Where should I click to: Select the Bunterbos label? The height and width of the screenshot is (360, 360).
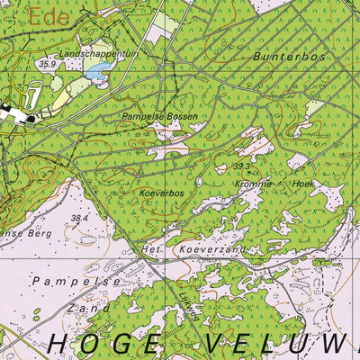pyautogui.click(x=287, y=55)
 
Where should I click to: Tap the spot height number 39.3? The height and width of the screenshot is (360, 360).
pyautogui.click(x=241, y=166)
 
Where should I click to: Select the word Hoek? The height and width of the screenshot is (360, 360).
pyautogui.click(x=307, y=183)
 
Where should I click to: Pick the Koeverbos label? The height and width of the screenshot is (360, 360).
pyautogui.click(x=162, y=192)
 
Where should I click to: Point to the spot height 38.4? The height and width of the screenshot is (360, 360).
pyautogui.click(x=80, y=217)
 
